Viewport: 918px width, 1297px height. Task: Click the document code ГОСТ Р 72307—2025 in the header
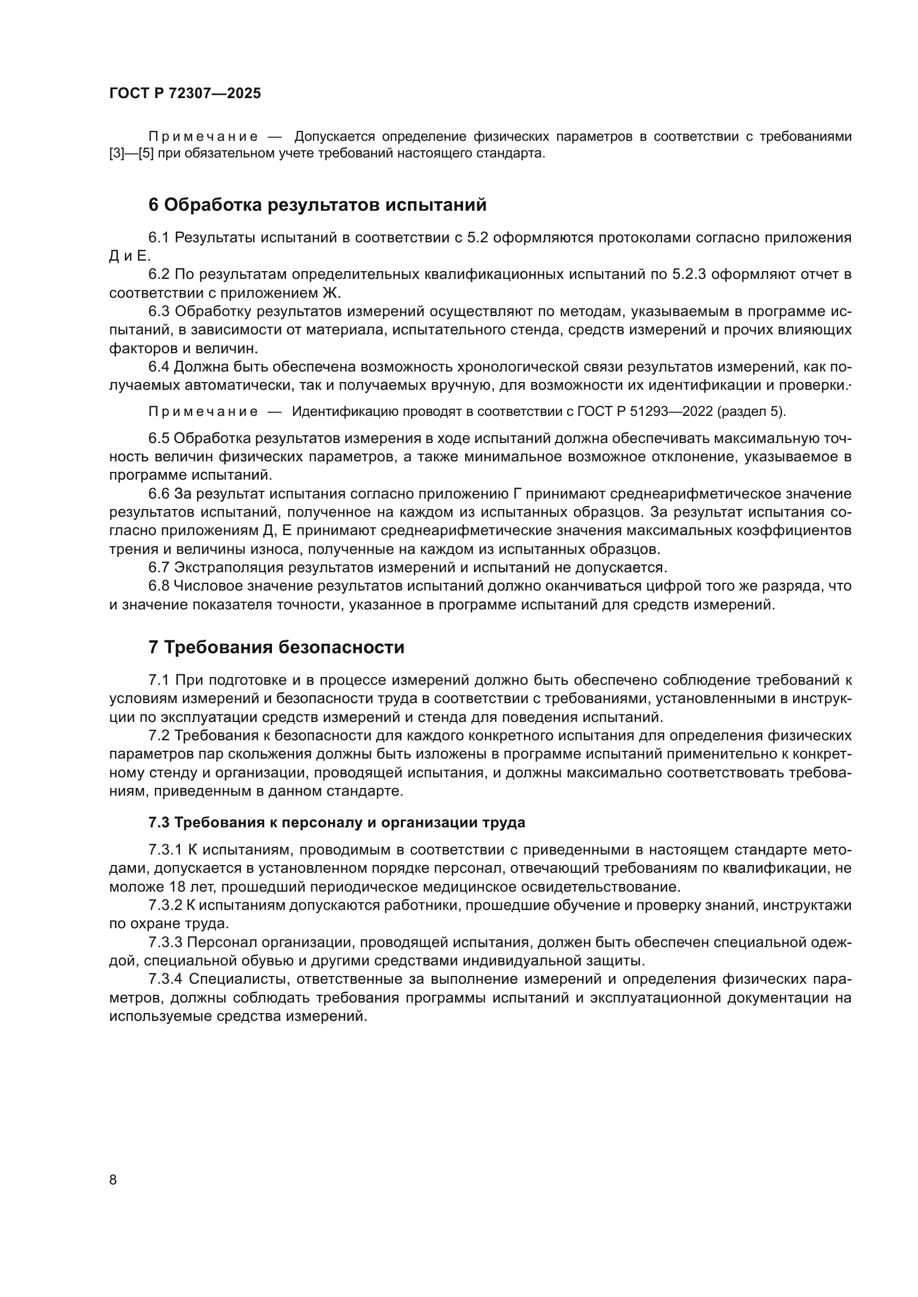(185, 94)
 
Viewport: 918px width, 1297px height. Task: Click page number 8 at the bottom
(113, 1179)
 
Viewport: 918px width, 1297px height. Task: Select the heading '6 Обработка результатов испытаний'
(317, 205)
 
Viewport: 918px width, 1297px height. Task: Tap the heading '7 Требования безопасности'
(276, 647)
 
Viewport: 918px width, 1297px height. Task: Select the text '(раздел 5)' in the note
(751, 411)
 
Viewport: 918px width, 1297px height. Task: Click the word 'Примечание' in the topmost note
(203, 137)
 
